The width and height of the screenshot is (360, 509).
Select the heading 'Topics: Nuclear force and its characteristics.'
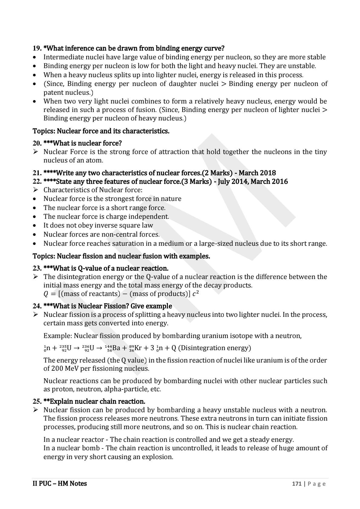click(x=101, y=131)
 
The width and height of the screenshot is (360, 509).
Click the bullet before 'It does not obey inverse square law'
click(x=36, y=225)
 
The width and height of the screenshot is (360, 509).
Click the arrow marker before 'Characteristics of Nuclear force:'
click(x=36, y=190)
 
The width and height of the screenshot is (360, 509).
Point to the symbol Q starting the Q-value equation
click(x=46, y=294)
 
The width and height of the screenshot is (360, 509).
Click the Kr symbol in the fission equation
click(x=138, y=348)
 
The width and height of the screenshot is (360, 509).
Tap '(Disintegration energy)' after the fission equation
click(x=214, y=348)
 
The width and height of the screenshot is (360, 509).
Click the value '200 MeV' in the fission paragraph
click(x=66, y=369)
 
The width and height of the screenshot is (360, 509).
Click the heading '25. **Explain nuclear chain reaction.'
click(x=89, y=401)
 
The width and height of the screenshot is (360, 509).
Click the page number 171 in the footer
click(x=296, y=484)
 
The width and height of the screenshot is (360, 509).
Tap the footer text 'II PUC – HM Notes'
click(x=60, y=484)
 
